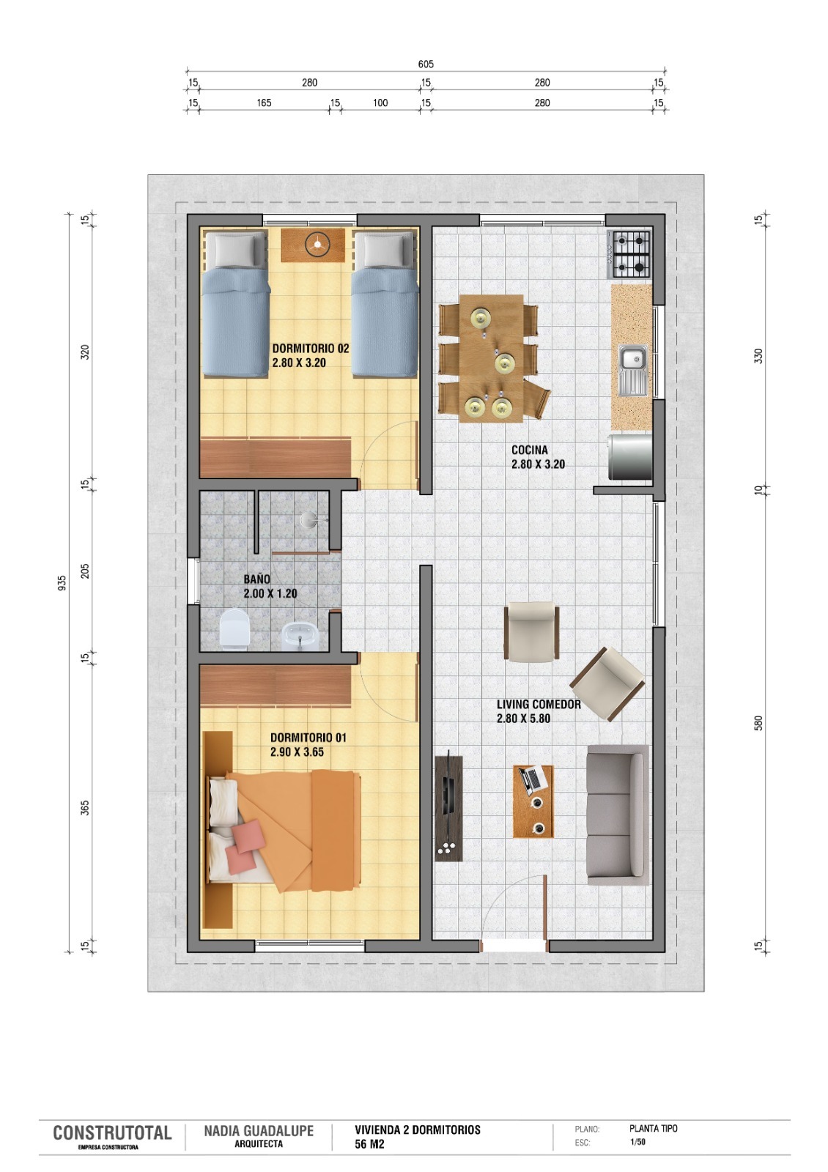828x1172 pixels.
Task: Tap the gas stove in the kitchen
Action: click(629, 254)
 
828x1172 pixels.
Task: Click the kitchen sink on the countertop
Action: click(633, 371)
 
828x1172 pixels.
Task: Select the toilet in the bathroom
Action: click(234, 629)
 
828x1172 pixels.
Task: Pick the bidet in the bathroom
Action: click(300, 637)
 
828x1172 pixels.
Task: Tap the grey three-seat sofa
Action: click(618, 815)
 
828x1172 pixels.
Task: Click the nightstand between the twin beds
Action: click(313, 245)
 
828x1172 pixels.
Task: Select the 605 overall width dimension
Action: click(426, 64)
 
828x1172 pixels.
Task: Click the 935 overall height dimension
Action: click(62, 583)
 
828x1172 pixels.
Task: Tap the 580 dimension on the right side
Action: click(758, 723)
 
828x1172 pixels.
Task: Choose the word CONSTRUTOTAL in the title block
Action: click(113, 1132)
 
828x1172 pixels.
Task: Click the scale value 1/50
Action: click(637, 1142)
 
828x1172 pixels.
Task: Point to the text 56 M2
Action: click(369, 1144)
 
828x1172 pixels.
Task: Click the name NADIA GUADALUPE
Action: click(259, 1131)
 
